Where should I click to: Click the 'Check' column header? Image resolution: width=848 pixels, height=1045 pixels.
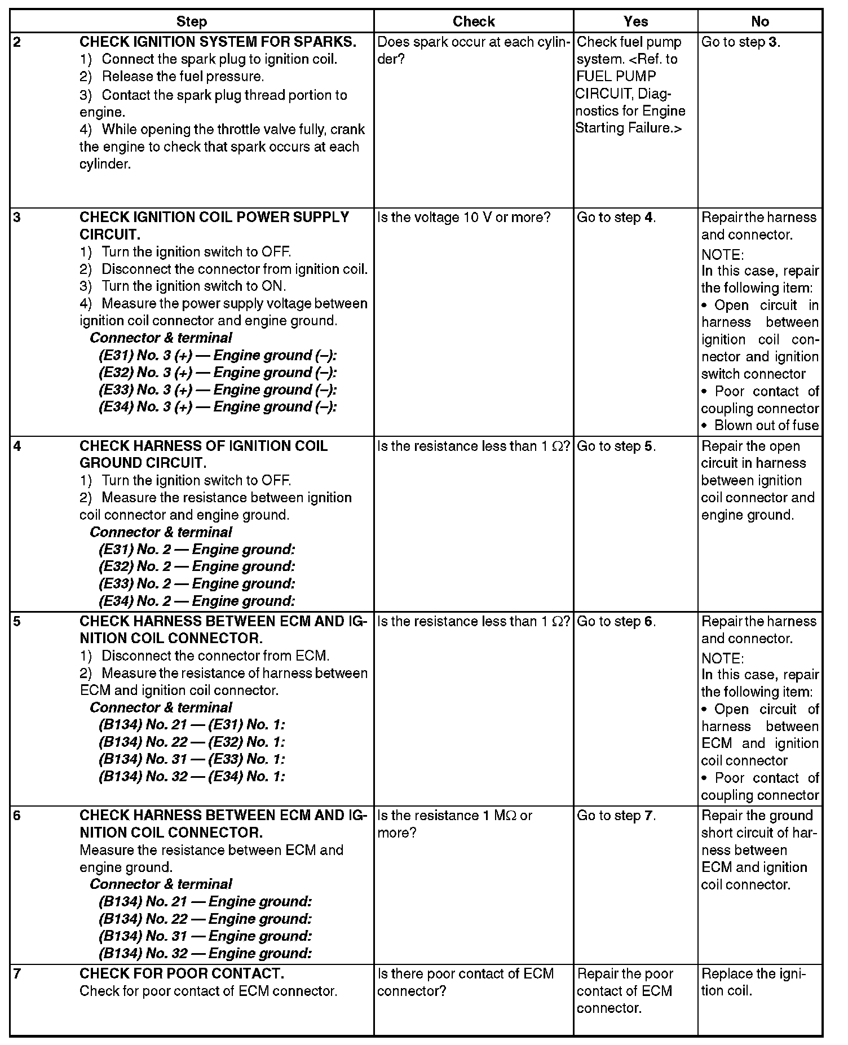pyautogui.click(x=473, y=21)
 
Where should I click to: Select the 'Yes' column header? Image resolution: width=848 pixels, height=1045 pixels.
pyautogui.click(x=635, y=21)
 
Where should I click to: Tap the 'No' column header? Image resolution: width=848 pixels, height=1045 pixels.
pyautogui.click(x=759, y=21)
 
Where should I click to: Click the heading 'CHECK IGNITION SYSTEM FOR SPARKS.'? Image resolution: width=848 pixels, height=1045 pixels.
pyautogui.click(x=218, y=42)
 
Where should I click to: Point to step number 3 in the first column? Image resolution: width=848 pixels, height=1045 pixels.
pyautogui.click(x=17, y=218)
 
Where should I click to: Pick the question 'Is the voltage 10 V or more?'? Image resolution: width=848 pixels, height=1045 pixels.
pyautogui.click(x=463, y=218)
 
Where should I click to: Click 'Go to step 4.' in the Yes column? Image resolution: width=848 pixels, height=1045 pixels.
pyautogui.click(x=616, y=218)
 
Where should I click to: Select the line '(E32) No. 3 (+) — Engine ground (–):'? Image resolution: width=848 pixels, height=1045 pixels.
pyautogui.click(x=218, y=373)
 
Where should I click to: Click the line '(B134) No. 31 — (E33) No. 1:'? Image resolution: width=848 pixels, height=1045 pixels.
pyautogui.click(x=192, y=759)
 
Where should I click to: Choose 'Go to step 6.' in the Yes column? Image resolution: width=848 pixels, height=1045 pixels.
pyautogui.click(x=616, y=621)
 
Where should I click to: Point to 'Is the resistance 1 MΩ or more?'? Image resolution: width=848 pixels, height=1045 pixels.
pyautogui.click(x=454, y=823)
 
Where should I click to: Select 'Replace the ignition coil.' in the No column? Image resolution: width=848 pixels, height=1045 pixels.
pyautogui.click(x=753, y=982)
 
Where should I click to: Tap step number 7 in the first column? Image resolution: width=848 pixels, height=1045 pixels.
pyautogui.click(x=17, y=973)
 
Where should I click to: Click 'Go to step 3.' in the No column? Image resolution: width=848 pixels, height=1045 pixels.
pyautogui.click(x=740, y=42)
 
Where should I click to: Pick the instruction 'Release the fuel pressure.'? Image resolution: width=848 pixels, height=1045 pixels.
pyautogui.click(x=183, y=77)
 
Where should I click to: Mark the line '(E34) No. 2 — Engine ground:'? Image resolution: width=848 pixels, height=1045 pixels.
pyautogui.click(x=197, y=601)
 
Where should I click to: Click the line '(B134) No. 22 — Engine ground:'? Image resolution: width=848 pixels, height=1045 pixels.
pyautogui.click(x=205, y=919)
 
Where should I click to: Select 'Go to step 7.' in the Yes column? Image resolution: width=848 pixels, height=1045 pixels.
pyautogui.click(x=616, y=816)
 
